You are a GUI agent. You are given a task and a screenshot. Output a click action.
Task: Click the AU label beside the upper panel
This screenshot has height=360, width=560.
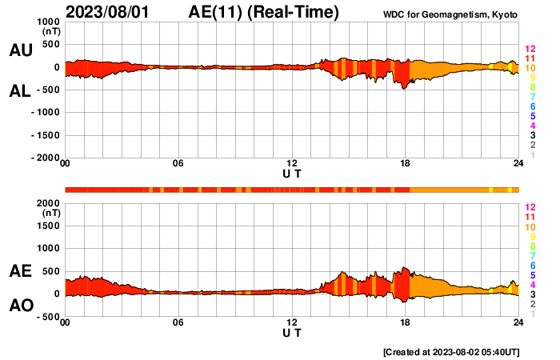pyautogui.click(x=20, y=50)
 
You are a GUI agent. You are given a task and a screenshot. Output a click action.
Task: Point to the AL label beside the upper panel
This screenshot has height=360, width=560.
pyautogui.click(x=20, y=91)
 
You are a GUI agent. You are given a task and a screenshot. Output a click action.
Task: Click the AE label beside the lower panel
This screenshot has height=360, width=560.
pyautogui.click(x=20, y=271)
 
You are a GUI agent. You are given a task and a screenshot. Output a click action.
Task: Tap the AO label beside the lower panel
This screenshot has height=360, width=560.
pyautogui.click(x=20, y=305)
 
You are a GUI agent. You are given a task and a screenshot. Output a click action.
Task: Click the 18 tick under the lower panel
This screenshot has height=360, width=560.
pyautogui.click(x=406, y=322)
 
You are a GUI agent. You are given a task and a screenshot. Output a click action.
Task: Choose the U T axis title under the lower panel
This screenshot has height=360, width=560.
pyautogui.click(x=292, y=332)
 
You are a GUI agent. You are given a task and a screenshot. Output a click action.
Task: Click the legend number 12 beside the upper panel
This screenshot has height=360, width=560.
pyautogui.click(x=529, y=50)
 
